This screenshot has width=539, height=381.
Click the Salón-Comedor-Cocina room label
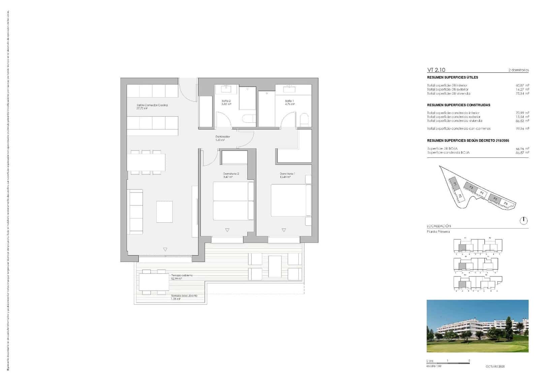click(152, 105)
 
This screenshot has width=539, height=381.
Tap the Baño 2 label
click(226, 101)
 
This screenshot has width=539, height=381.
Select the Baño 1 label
click(289, 101)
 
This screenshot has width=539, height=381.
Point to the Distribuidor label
click(223, 137)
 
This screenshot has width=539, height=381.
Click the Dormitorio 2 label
click(231, 174)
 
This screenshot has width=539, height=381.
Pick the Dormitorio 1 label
click(287, 174)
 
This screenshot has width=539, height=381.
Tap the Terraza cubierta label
click(182, 275)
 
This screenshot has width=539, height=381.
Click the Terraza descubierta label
click(184, 296)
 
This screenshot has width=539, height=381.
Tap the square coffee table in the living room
click(164, 212)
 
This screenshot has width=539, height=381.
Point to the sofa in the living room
click(135, 212)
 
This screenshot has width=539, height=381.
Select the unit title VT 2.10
click(436, 70)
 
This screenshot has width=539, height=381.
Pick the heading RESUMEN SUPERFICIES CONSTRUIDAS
click(458, 105)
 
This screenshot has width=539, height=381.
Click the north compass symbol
click(524, 221)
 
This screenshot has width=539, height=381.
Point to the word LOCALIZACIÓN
click(439, 226)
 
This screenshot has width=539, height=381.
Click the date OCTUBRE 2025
click(495, 367)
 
